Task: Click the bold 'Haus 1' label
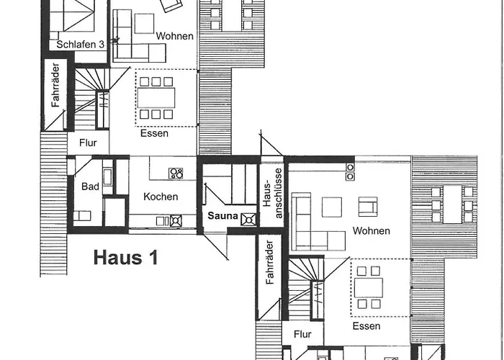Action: (125, 258)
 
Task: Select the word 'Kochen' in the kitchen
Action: (161, 197)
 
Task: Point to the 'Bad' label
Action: (90, 186)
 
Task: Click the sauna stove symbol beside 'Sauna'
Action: (249, 220)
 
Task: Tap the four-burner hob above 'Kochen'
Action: (176, 173)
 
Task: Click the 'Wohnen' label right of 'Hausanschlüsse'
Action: (372, 231)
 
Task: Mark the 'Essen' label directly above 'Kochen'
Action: (155, 133)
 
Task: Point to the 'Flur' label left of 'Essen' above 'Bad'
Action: (88, 143)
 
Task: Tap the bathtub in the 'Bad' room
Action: (107, 177)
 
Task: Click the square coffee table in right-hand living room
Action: (332, 207)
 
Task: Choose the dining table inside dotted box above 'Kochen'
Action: (157, 97)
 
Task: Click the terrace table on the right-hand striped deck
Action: (451, 204)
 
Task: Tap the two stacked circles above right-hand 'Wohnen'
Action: (350, 171)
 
